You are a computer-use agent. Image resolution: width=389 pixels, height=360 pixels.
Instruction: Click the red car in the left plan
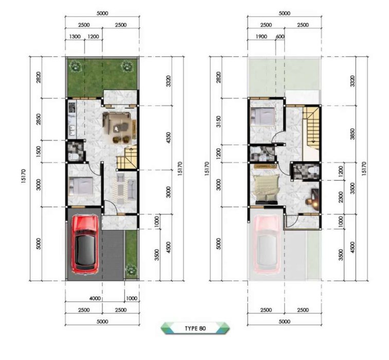coord(85,245)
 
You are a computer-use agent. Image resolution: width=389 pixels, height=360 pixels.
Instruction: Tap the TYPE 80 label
coord(195,329)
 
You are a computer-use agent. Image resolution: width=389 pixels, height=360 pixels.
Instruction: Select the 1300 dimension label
coord(75,37)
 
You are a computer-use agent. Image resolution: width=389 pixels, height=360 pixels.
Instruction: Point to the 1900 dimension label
coord(261,37)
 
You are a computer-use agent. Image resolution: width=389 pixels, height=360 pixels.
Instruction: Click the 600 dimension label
coord(280,37)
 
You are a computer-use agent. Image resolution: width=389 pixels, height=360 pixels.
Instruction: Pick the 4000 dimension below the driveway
coord(95,298)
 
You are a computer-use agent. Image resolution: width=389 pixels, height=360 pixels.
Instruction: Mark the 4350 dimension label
coord(168,138)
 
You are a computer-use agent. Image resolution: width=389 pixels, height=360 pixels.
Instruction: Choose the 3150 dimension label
coord(218,121)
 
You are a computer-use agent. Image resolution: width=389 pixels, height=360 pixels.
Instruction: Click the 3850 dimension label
coord(352,134)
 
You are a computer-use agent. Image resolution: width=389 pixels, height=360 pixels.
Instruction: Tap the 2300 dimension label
coord(341,197)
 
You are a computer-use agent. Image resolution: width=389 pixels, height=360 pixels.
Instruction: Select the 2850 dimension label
coord(38,119)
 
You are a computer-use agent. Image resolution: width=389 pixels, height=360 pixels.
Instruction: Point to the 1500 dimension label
coord(38,152)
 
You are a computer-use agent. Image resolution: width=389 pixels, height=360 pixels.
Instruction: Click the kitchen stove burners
coord(72,107)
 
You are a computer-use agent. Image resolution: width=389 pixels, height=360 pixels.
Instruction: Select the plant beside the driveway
coord(131,269)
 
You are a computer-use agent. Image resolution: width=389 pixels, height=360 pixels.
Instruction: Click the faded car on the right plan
coord(268,244)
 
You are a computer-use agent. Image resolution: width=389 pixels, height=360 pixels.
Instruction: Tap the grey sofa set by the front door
coord(126,187)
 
